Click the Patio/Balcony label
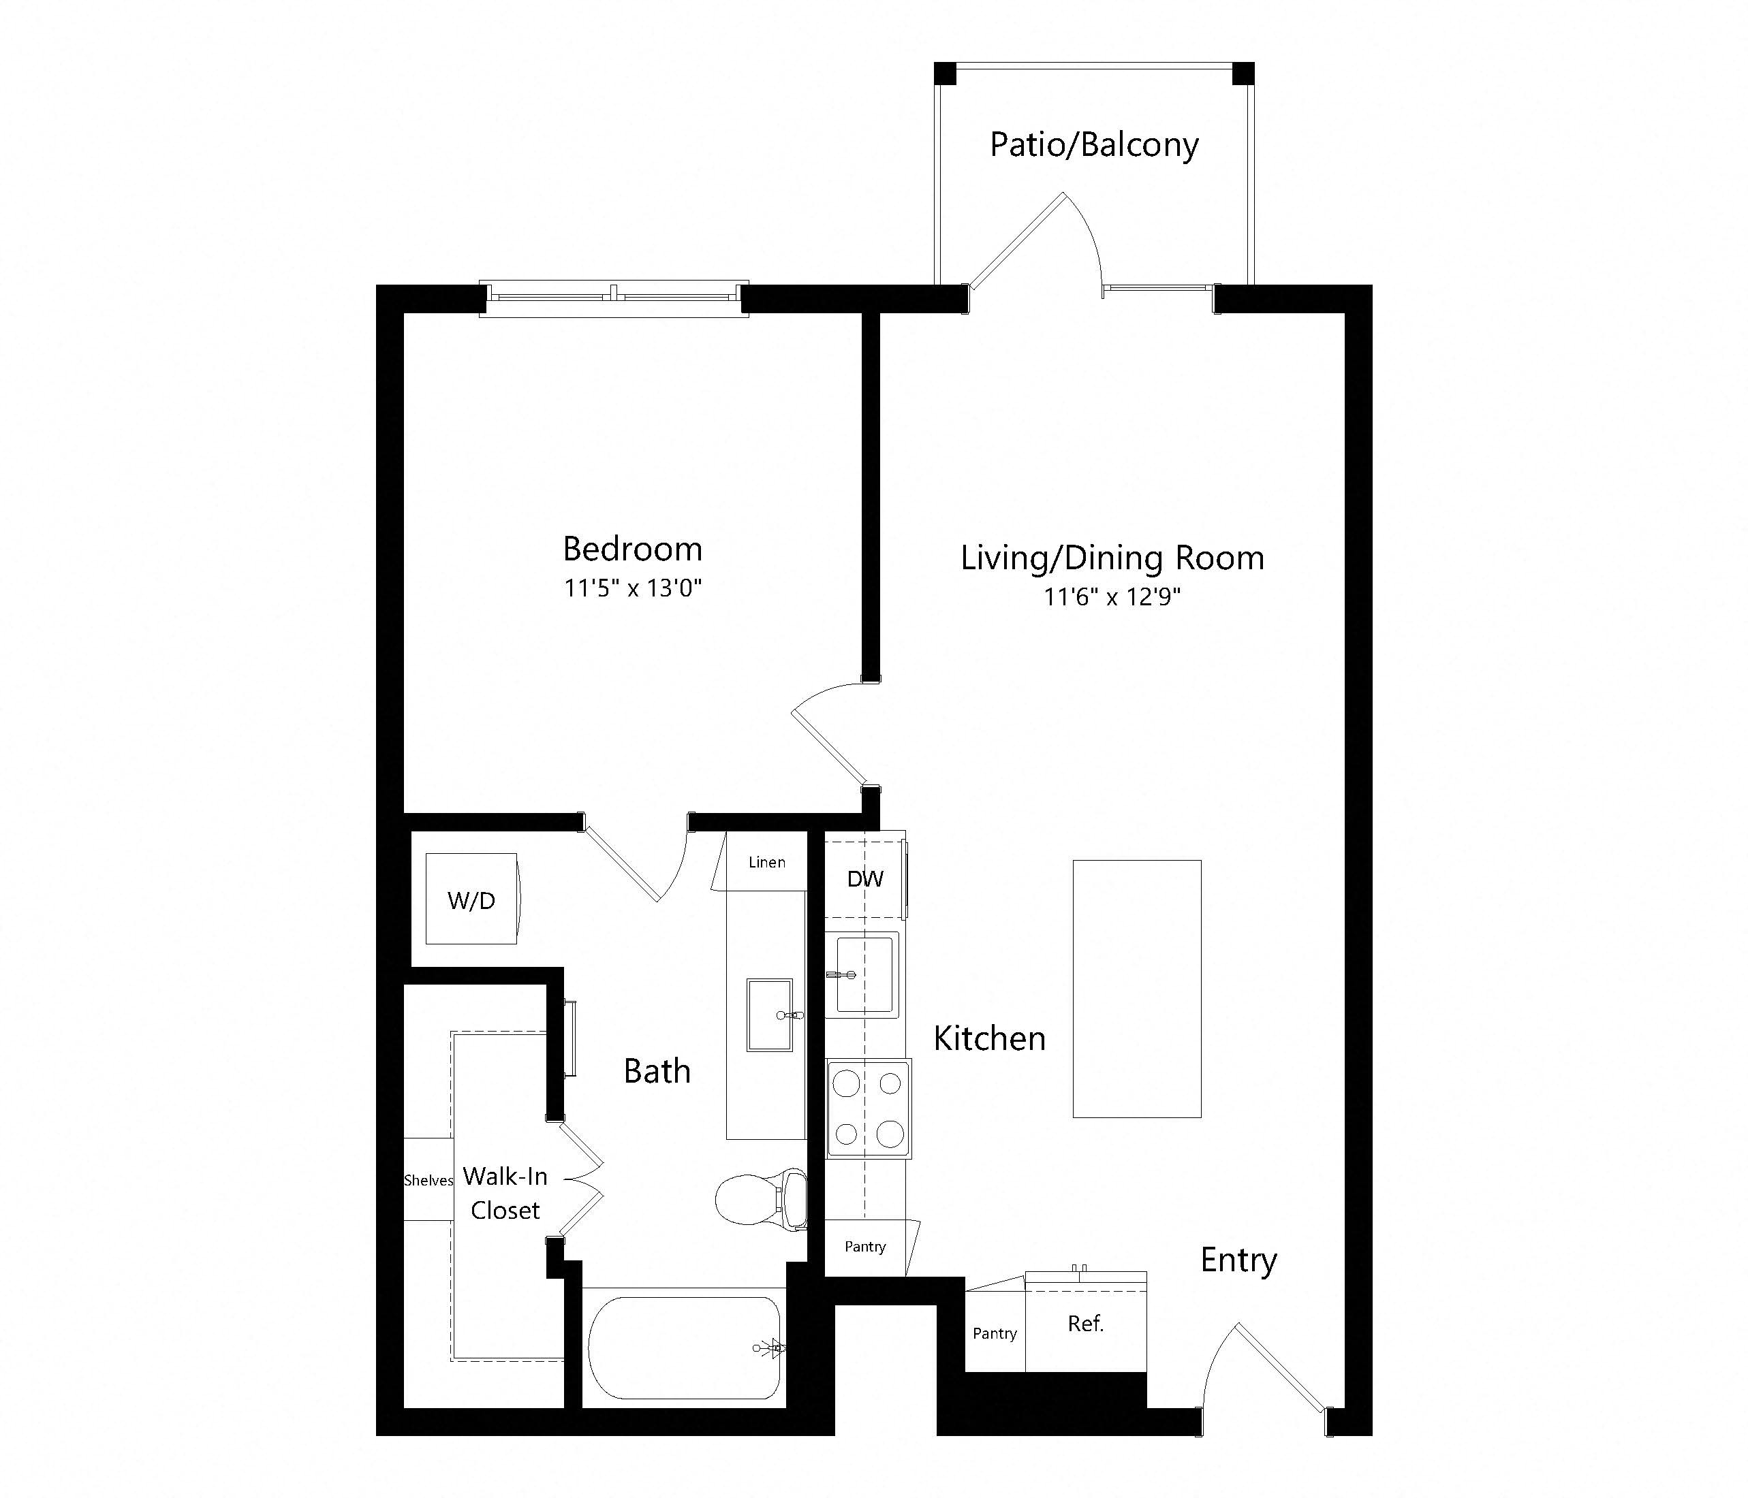point(1093,145)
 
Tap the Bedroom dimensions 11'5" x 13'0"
point(633,588)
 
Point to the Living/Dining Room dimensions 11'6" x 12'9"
point(1112,597)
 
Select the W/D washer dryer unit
point(471,899)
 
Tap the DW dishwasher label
point(864,879)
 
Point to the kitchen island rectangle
point(1136,989)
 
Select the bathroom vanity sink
point(769,1014)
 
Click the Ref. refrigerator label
point(1086,1324)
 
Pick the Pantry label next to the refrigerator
point(995,1333)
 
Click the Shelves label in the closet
point(428,1180)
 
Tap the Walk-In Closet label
point(505,1193)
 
